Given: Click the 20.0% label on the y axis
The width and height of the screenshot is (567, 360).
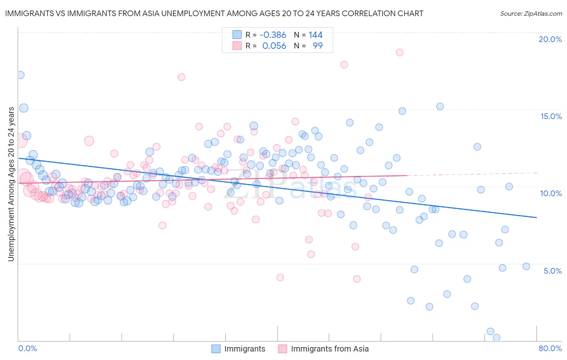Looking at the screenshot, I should tap(550, 39).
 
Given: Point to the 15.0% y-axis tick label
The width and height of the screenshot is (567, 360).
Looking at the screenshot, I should tap(551, 116).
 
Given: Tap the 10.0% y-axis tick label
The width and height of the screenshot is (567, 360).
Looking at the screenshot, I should tap(551, 193).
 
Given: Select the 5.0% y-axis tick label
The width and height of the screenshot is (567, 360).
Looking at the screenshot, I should tap(552, 271).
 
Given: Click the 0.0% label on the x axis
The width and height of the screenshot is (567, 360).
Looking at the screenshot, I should tap(27, 348).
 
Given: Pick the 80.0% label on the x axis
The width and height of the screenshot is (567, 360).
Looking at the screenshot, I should tap(550, 348).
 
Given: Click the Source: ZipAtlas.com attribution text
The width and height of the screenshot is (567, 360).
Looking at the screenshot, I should tap(531, 13).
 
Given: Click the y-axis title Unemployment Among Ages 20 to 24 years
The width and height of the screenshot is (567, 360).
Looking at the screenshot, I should tap(11, 184).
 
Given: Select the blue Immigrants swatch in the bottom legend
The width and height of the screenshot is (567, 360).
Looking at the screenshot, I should tap(216, 349).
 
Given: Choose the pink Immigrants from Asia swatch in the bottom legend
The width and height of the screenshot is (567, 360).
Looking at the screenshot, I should tap(282, 349).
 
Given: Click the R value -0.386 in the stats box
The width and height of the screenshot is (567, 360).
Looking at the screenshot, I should tap(273, 35).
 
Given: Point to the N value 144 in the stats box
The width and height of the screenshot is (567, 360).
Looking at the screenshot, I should tap(315, 35).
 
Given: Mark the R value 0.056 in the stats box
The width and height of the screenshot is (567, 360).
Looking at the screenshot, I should tap(274, 46).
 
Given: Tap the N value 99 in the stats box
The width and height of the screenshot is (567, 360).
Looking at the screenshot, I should tap(317, 46).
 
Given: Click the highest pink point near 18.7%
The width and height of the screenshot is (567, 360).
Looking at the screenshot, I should tap(400, 52).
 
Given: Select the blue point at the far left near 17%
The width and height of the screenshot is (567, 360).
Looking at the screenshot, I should tap(20, 75).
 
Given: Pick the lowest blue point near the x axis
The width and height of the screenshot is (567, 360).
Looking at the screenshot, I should tap(496, 337).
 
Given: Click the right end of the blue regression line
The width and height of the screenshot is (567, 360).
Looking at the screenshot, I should tap(536, 218).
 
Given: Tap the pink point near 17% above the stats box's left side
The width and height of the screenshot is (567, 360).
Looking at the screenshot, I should tap(181, 77).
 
